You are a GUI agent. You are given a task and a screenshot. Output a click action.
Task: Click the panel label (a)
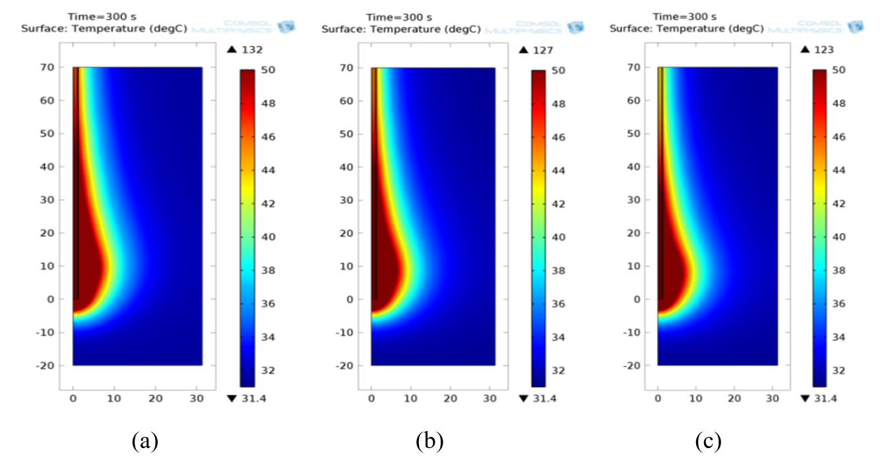click(144, 440)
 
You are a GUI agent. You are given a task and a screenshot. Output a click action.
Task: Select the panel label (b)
click(430, 440)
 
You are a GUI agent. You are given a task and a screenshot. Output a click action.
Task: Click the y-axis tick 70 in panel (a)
click(48, 67)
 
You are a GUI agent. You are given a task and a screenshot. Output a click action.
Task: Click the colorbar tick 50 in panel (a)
click(267, 70)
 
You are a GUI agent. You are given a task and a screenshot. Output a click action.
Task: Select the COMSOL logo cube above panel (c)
click(855, 27)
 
